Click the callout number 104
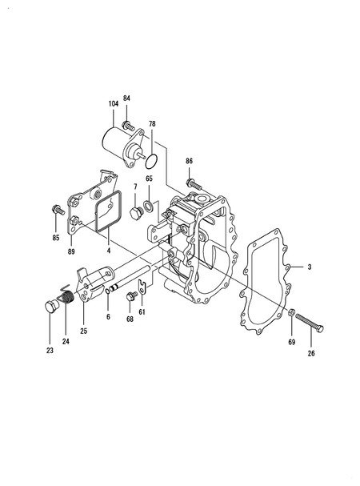coord(114,103)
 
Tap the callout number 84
coord(126,98)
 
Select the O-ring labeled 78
coord(151,161)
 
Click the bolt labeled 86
coord(194,184)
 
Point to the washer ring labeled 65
coord(148,205)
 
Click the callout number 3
coord(309,267)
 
